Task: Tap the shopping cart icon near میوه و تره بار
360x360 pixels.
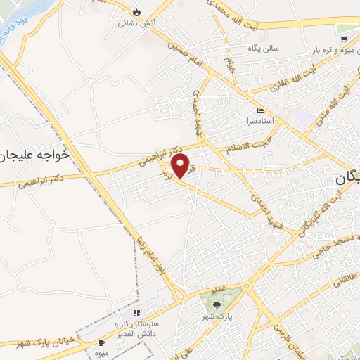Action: pos(342,39)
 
